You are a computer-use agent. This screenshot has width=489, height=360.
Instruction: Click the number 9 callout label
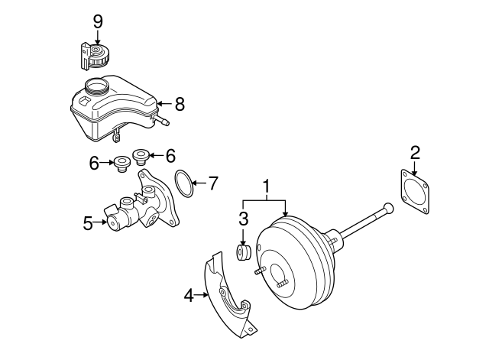pos(98,21)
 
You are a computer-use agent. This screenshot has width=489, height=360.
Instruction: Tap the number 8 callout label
pos(180,103)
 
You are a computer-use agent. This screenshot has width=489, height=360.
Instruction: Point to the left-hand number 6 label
pos(94,162)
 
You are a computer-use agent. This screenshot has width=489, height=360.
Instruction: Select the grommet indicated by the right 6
pos(140,157)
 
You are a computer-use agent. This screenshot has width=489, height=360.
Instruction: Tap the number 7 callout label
pos(213,183)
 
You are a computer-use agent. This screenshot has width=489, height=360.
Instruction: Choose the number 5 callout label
pos(88,223)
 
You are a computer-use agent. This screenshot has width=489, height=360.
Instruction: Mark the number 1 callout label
pos(267,186)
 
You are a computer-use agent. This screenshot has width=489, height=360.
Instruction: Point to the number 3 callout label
pos(243,219)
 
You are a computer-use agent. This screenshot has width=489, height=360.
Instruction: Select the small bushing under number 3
pos(244,252)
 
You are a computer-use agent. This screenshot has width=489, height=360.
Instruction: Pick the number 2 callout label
pos(415,152)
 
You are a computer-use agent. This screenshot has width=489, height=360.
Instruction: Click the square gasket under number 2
pos(415,193)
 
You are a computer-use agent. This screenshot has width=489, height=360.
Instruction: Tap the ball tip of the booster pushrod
pos(388,207)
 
